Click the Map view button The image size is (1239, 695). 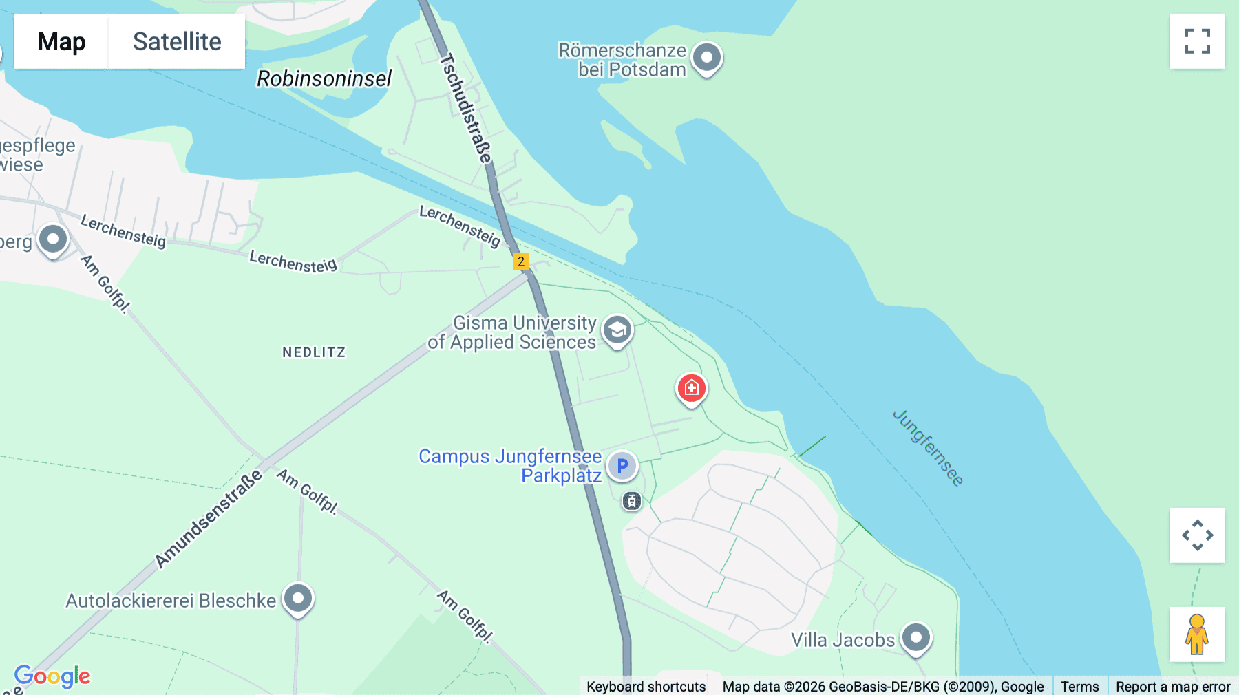(x=61, y=41)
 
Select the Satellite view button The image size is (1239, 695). (x=177, y=41)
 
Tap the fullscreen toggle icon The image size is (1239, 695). (x=1197, y=41)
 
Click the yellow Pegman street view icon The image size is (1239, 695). (x=1197, y=634)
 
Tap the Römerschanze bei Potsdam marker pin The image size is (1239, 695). (x=706, y=57)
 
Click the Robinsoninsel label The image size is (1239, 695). (x=324, y=79)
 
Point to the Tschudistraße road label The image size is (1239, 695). (x=467, y=109)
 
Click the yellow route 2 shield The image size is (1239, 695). (x=521, y=261)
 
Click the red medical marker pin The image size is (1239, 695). (x=691, y=388)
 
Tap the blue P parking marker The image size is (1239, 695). (x=622, y=467)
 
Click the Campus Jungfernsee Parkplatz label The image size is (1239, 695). (x=510, y=466)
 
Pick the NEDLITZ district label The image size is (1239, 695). (x=314, y=352)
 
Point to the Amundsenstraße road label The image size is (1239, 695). (x=209, y=519)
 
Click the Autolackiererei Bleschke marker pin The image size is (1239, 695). (x=298, y=598)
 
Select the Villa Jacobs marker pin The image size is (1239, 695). (x=916, y=637)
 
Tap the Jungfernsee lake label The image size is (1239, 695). (x=928, y=448)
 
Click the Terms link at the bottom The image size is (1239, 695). (x=1079, y=686)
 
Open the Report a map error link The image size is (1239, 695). (x=1173, y=686)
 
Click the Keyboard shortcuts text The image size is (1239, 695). (x=646, y=686)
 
